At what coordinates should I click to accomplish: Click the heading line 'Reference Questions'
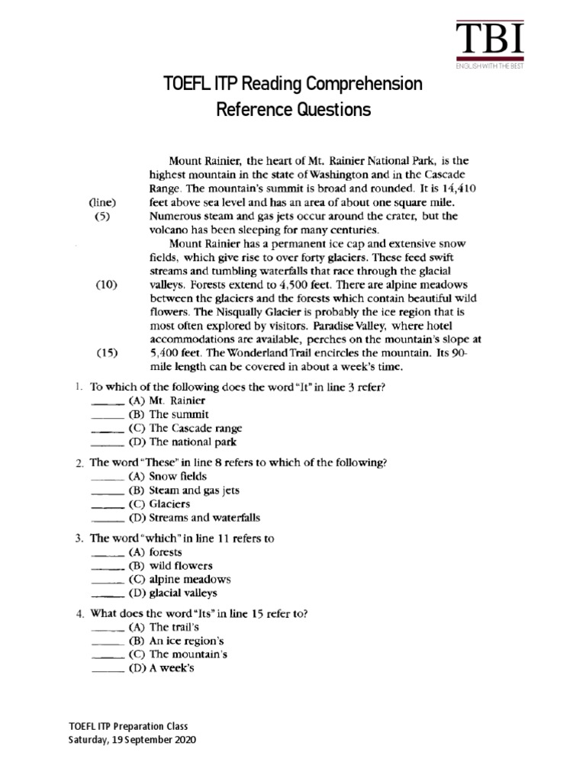click(x=293, y=110)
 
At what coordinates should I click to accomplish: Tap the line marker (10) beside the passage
click(x=106, y=283)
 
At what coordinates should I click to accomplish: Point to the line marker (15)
click(x=106, y=353)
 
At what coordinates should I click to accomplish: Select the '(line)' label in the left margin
click(x=101, y=202)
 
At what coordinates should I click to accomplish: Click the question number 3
click(x=79, y=538)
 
